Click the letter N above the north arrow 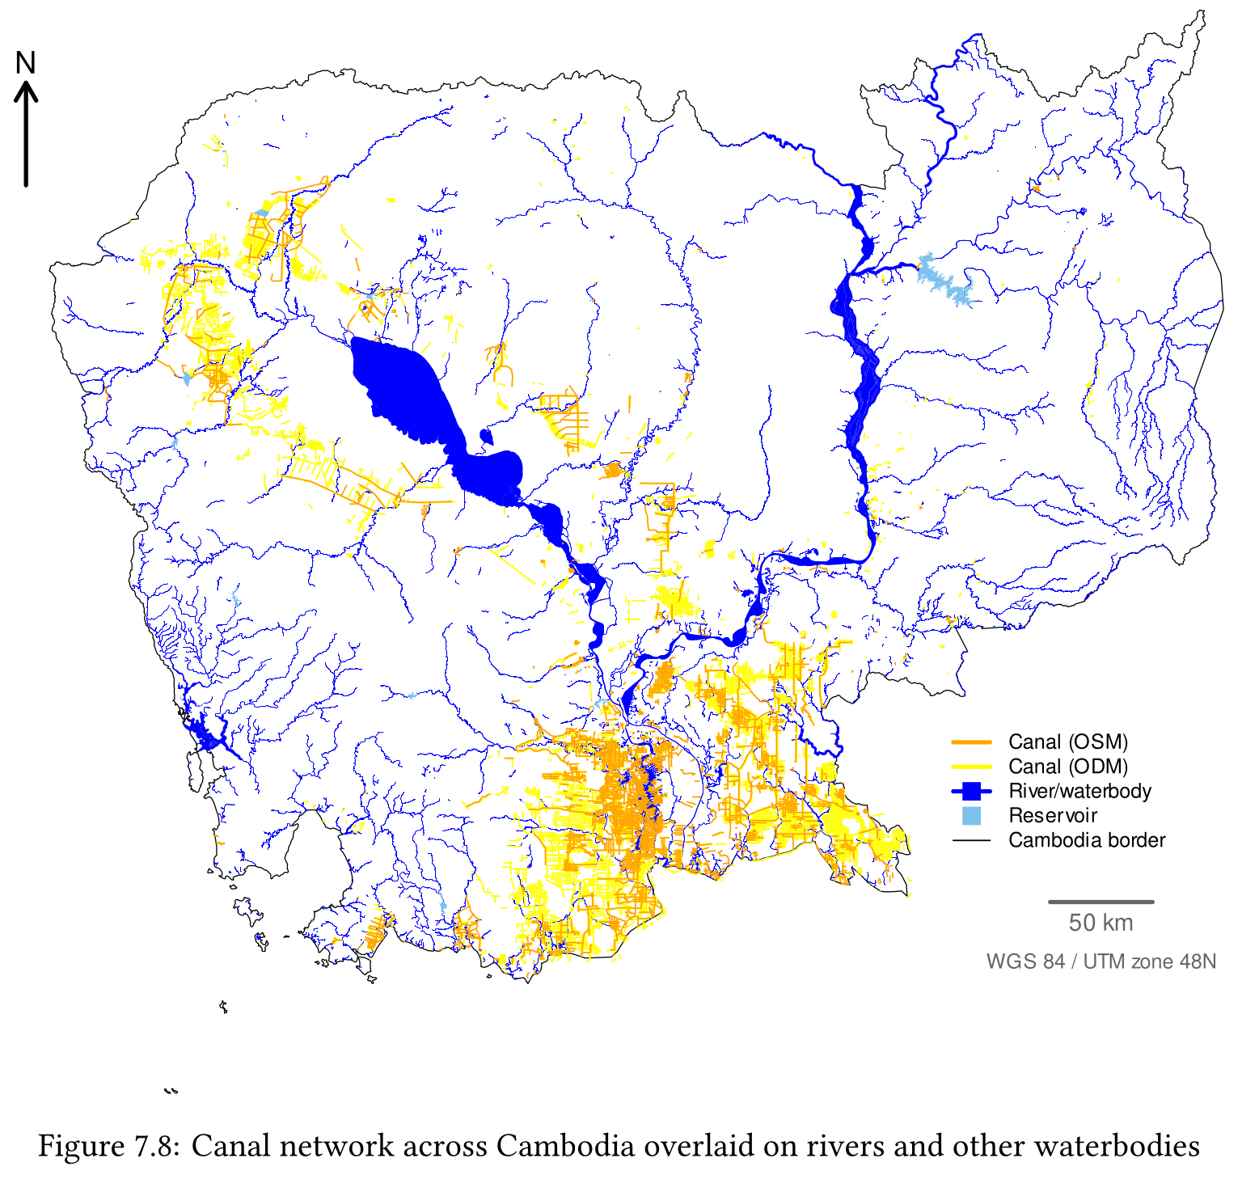(x=26, y=63)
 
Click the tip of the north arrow (x=26, y=88)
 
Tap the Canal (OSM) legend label (x=1067, y=742)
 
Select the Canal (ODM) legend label (x=1067, y=767)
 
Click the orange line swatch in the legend (x=971, y=742)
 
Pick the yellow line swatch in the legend (x=971, y=767)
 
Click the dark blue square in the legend (x=971, y=791)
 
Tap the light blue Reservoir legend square (x=971, y=815)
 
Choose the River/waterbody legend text (x=1079, y=791)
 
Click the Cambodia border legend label (x=1086, y=840)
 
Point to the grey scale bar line (x=1100, y=902)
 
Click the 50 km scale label (x=1100, y=923)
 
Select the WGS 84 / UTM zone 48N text (x=1100, y=961)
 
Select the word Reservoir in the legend (x=1053, y=815)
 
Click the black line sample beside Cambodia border (x=971, y=841)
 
